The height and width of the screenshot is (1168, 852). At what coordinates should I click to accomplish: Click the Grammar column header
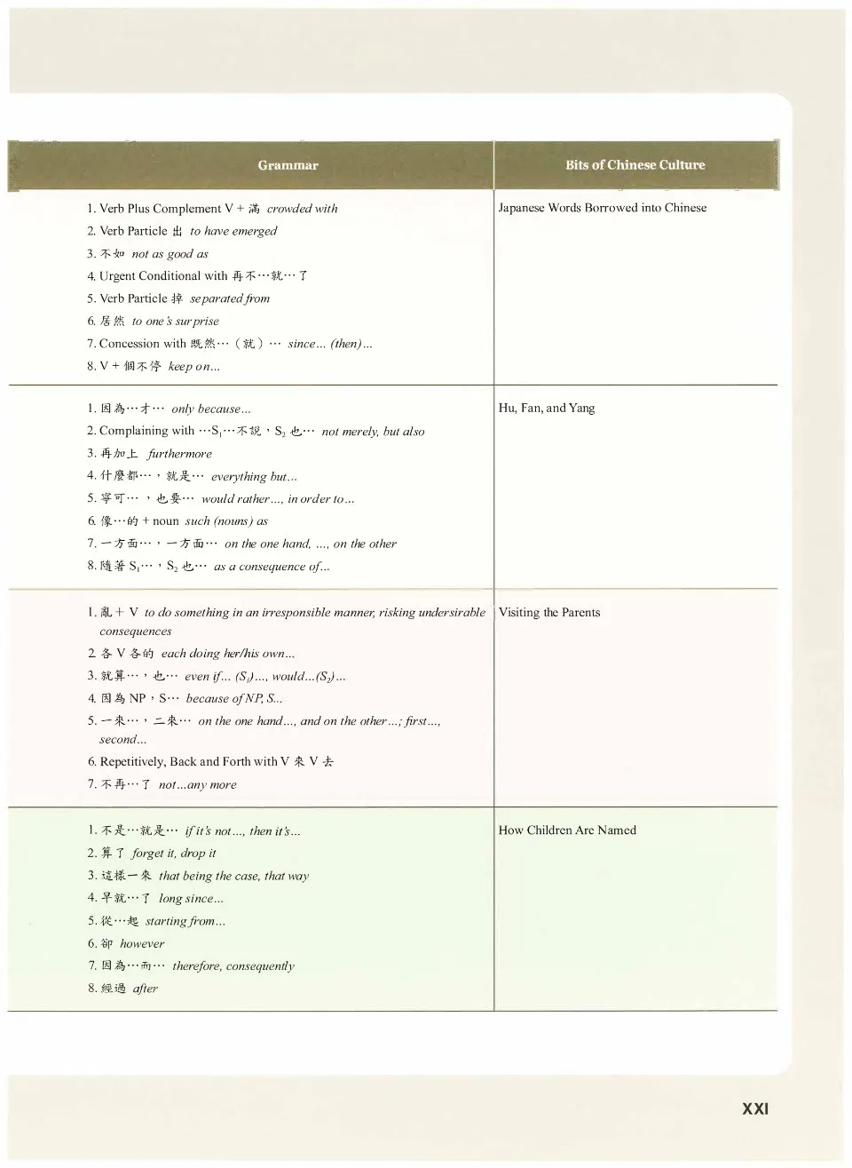[x=288, y=165]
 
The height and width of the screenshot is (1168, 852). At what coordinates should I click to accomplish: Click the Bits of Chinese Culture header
[x=635, y=165]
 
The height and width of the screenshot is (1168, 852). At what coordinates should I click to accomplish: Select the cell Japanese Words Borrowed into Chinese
[x=603, y=208]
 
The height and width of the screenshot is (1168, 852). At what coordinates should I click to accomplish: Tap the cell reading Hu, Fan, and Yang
[x=547, y=409]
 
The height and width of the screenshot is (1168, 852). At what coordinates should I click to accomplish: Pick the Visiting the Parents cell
[x=549, y=613]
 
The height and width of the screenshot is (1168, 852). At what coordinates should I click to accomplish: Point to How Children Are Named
[x=567, y=830]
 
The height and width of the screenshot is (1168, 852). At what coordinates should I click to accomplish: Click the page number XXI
[x=755, y=1108]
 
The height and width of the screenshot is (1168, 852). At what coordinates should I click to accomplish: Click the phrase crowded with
[x=302, y=209]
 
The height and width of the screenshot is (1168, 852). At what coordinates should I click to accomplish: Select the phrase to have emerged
[x=233, y=231]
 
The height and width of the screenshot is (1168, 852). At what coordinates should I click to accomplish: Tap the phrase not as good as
[x=170, y=254]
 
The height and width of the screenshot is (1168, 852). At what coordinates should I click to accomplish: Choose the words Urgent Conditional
[x=150, y=276]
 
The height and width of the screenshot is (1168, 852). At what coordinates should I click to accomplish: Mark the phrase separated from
[x=230, y=298]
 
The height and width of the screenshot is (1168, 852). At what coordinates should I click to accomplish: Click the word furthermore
[x=179, y=454]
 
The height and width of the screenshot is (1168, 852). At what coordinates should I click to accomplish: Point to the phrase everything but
[x=254, y=477]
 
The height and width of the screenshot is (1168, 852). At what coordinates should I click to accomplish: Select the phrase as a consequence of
[x=272, y=567]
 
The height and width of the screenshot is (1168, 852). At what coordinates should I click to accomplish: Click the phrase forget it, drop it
[x=174, y=854]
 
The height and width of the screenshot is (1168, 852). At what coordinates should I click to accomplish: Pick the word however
[x=142, y=944]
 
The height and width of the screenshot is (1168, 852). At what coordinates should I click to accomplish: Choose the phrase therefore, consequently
[x=233, y=966]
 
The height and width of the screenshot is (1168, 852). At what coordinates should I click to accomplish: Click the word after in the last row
[x=146, y=989]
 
